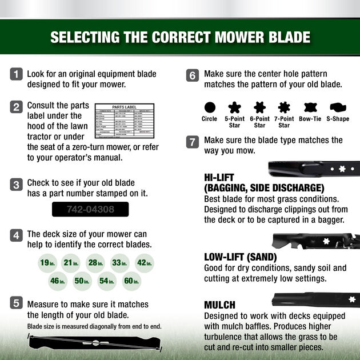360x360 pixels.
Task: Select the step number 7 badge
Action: click(x=193, y=141)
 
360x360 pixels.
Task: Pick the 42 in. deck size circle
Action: click(x=145, y=263)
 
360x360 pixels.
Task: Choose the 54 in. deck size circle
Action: click(x=107, y=281)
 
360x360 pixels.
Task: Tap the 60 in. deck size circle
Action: click(x=132, y=281)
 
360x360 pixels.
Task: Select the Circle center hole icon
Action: click(x=210, y=107)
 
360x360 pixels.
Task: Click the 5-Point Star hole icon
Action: click(x=235, y=107)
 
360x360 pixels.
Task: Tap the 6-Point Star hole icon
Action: click(x=260, y=107)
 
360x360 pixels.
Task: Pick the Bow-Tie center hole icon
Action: click(x=310, y=107)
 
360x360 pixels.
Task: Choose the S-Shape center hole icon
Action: click(x=337, y=107)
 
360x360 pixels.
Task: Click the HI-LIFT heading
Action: click(x=219, y=178)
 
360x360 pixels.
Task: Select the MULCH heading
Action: click(x=219, y=305)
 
